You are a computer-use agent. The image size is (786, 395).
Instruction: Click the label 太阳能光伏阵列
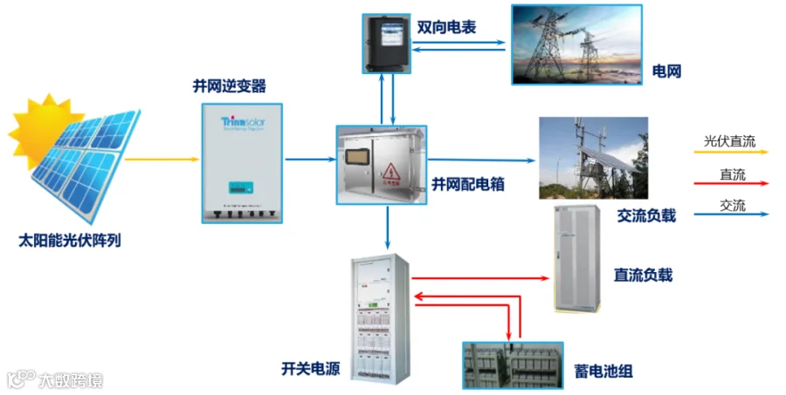[x=70, y=241]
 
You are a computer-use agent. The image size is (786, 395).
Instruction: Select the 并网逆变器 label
[x=230, y=86]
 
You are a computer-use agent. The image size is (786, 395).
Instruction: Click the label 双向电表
[x=446, y=27]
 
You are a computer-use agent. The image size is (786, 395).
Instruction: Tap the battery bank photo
[x=513, y=365]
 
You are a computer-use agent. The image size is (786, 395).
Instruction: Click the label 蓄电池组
[x=603, y=371]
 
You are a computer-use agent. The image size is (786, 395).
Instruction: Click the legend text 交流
[x=733, y=206]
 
